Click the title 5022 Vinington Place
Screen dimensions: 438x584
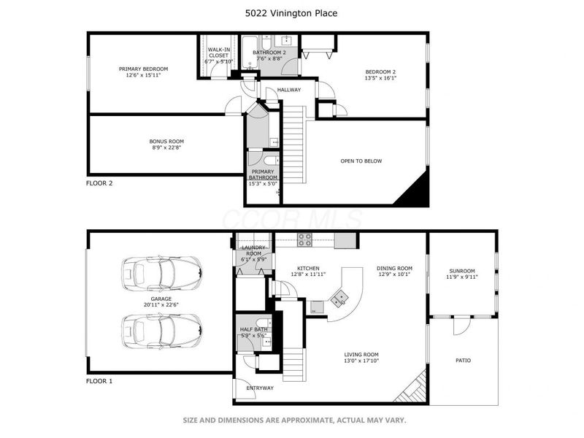[291, 14]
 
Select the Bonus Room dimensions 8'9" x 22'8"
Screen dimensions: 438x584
[166, 147]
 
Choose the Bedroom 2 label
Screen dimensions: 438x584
[380, 72]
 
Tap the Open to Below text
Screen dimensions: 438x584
[361, 161]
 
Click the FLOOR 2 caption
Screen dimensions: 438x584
[99, 183]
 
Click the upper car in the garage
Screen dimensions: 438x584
[161, 274]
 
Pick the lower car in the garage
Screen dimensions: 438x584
[161, 331]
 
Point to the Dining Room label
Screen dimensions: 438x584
[394, 268]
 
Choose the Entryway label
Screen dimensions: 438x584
[259, 388]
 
